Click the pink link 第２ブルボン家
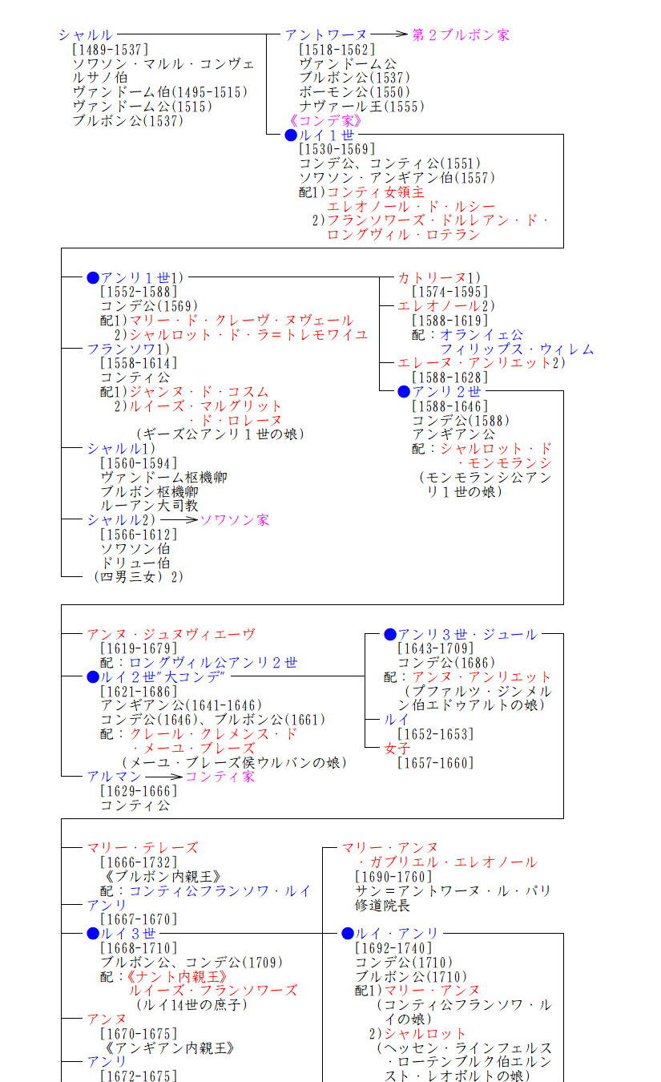tap(461, 34)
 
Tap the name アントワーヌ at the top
tap(326, 34)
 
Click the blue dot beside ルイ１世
tap(291, 135)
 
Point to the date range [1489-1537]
tap(111, 50)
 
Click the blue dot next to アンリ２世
tap(404, 391)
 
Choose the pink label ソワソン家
tap(235, 519)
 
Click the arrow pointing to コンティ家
tap(163, 777)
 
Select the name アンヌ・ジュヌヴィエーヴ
tap(171, 634)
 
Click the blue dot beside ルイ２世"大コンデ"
tap(93, 677)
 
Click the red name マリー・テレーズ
tap(143, 847)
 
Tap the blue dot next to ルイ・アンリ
tap(347, 934)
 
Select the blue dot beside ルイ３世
tap(93, 934)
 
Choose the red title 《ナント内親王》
tap(176, 977)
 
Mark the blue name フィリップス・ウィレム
tap(517, 349)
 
